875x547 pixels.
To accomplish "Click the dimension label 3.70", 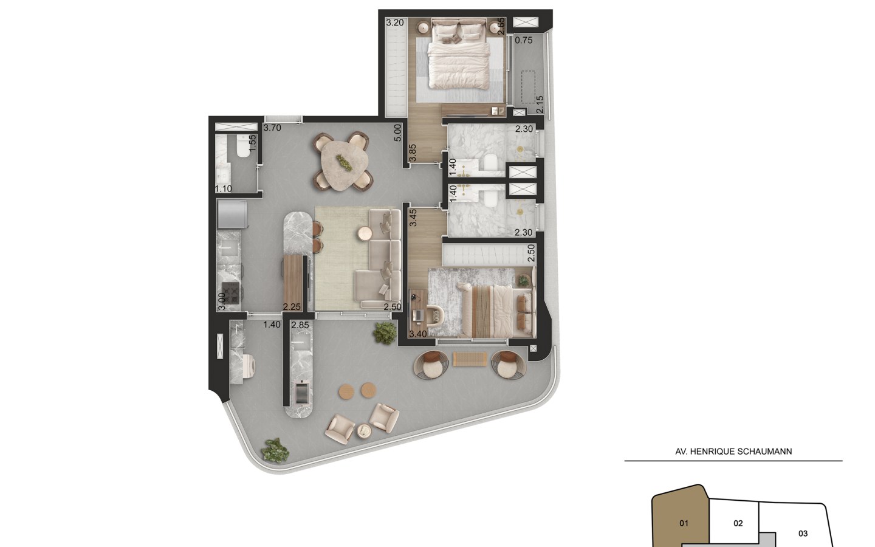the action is (x=272, y=128).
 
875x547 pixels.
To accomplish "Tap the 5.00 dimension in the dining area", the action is (x=397, y=133).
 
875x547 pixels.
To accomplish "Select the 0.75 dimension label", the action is (x=523, y=40).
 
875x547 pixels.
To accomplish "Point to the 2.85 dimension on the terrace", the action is (x=300, y=325).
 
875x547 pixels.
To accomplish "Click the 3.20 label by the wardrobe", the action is (x=395, y=22).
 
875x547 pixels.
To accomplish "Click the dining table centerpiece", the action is (x=344, y=162).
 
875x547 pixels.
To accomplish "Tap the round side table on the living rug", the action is (x=365, y=233).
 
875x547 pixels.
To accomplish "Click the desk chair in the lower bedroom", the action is (x=436, y=315).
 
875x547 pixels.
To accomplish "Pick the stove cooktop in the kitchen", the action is (x=230, y=293).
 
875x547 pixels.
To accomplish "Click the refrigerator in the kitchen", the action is (x=232, y=214).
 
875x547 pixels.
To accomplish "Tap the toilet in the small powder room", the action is (x=243, y=146).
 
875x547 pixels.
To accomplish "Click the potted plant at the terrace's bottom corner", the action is (x=275, y=450).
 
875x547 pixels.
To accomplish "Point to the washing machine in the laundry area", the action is (x=247, y=365).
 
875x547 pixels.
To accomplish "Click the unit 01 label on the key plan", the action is (x=684, y=523).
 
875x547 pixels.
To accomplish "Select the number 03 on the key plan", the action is (x=803, y=534).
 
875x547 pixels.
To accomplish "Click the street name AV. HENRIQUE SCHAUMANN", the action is (x=733, y=451).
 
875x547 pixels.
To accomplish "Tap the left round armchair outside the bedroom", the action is (x=431, y=365).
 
